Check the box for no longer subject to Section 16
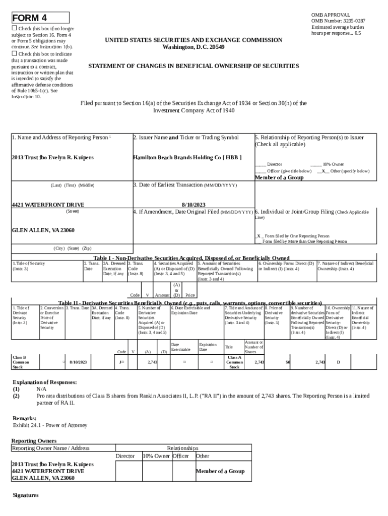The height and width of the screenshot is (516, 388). click(x=15, y=29)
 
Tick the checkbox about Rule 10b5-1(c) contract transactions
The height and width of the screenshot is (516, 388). click(x=15, y=53)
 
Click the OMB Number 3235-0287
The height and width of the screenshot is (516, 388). click(x=338, y=21)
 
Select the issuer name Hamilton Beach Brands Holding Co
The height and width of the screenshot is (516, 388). click(x=187, y=158)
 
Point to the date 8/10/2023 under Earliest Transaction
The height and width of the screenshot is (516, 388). click(x=193, y=205)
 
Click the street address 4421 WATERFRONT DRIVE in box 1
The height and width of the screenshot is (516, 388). click(x=48, y=205)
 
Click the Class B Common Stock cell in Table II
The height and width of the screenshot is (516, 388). click(x=21, y=362)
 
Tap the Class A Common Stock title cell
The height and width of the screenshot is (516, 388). click(x=234, y=362)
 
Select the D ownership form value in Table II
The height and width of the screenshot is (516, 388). click(x=338, y=362)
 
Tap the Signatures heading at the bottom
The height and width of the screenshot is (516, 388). click(x=25, y=495)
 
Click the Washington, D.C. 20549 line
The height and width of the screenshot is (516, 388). click(x=193, y=47)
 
